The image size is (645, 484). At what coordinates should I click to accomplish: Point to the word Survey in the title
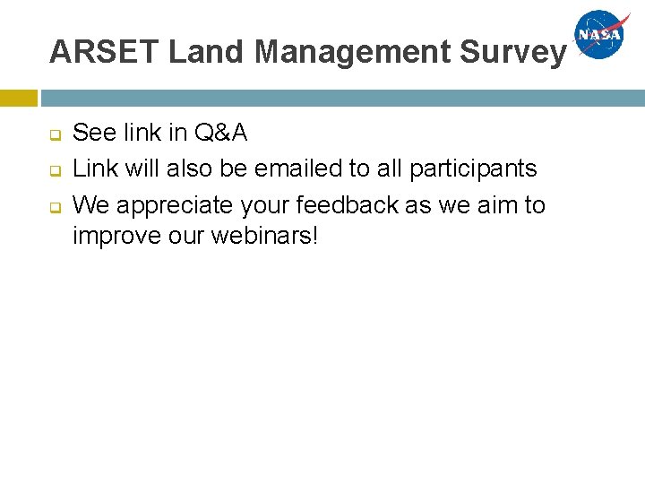513,52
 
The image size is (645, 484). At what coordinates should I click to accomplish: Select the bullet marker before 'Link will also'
54,170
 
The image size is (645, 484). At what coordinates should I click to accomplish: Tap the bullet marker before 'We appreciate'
54,206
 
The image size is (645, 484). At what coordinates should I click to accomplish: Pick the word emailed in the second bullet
290,169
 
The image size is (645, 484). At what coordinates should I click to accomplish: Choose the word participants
473,169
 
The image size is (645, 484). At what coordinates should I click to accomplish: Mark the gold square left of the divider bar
18,98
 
